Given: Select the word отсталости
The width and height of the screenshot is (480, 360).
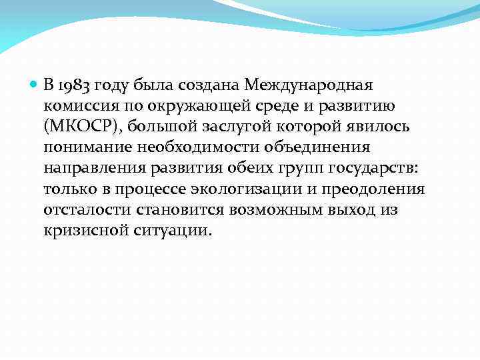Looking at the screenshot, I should (87, 210).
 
